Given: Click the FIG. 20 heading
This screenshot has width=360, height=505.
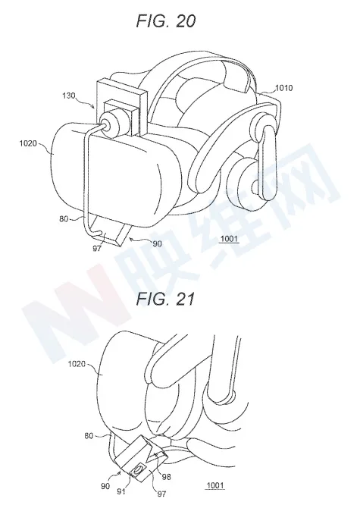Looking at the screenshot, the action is click(x=166, y=21).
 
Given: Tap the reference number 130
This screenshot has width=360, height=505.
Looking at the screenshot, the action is click(x=69, y=96).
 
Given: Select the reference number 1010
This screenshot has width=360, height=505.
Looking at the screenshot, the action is click(x=283, y=88).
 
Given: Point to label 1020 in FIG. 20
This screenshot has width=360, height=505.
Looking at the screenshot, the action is click(x=28, y=143).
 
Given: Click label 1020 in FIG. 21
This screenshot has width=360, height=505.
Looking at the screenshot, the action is click(x=77, y=364).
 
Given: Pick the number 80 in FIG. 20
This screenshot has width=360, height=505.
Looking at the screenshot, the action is click(x=64, y=218).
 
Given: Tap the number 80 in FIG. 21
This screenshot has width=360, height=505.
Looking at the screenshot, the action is click(x=89, y=436).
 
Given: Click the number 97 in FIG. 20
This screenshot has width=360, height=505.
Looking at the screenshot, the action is click(x=97, y=248).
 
